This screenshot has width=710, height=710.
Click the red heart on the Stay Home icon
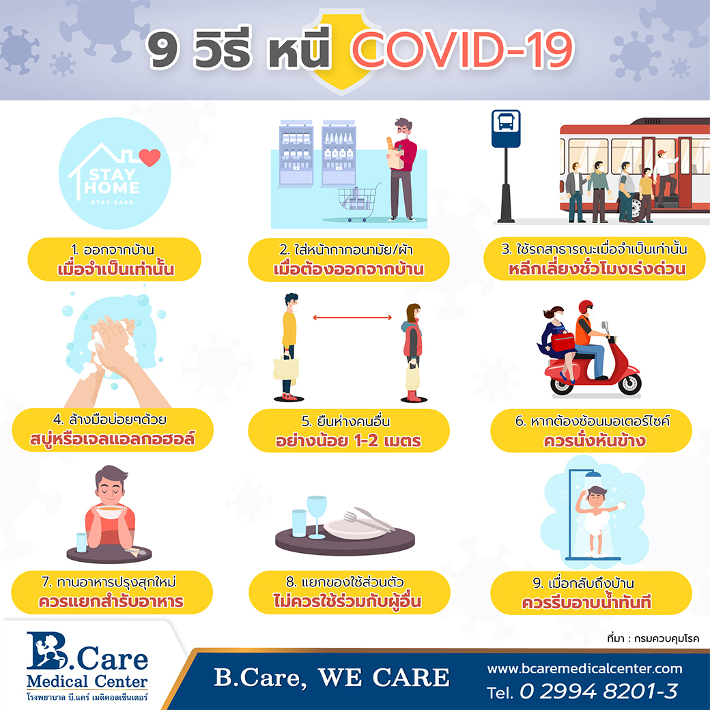pos(150,157)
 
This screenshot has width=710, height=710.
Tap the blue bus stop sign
pos(506,128)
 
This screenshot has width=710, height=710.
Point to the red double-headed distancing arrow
pos(352,317)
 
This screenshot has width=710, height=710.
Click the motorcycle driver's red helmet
pos(586,307)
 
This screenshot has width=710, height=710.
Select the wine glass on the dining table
pos(317,517)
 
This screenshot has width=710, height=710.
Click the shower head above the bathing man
pos(593,474)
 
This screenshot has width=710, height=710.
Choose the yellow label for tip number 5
pos(349,431)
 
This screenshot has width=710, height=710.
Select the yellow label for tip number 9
pos(591,593)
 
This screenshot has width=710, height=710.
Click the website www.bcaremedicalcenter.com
pos(584,668)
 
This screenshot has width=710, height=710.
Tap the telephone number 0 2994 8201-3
pos(598,692)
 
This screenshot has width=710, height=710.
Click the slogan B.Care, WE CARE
pos(332,678)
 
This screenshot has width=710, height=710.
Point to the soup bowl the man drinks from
pos(109,512)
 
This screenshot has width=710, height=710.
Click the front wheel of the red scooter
pos(629,384)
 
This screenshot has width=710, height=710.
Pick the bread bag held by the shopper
pos(395,156)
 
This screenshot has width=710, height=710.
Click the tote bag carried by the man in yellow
pos(286,367)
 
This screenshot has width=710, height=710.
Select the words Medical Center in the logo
pos(87,681)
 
